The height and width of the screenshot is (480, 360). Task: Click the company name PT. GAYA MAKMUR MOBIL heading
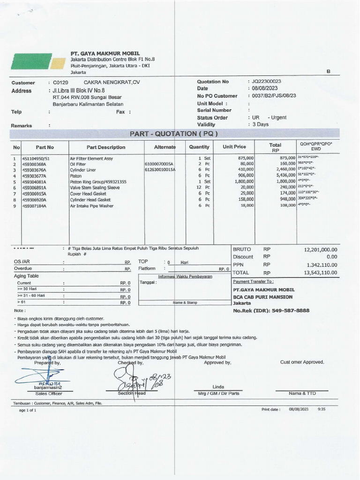pos(105,54)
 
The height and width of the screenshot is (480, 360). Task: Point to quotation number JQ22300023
pos(266,82)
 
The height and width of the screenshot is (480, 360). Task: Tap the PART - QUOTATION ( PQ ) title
pos(173,134)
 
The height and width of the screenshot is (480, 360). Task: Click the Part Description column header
pos(106,147)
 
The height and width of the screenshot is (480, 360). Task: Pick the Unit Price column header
pos(234,147)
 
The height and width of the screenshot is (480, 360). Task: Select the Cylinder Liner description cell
pos(82,170)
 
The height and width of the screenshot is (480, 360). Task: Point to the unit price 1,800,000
pos(244,181)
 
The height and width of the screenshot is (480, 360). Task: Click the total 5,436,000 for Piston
pos(285,176)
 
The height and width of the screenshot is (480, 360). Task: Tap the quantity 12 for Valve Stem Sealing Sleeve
pos(199,187)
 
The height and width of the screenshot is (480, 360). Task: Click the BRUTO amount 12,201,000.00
pos(321,249)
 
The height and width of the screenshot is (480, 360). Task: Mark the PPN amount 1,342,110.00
pos(321,265)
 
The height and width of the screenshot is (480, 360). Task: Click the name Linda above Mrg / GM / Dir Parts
pos(218,387)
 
